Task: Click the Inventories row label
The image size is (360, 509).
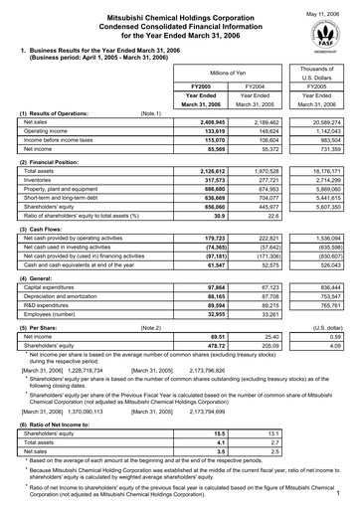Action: tap(39, 180)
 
